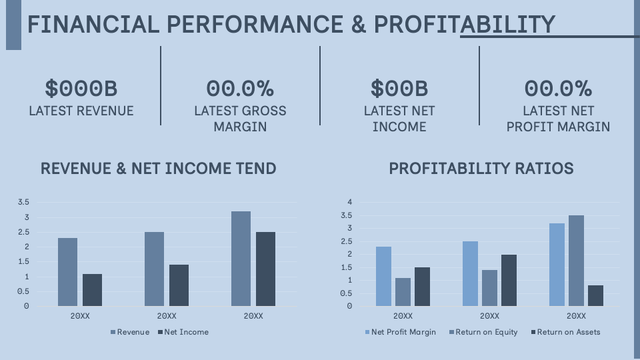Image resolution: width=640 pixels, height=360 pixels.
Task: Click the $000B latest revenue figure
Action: pos(81,88)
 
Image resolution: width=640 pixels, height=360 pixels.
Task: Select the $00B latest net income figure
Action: pos(399,88)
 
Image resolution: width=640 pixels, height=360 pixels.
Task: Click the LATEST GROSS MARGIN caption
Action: pos(240,119)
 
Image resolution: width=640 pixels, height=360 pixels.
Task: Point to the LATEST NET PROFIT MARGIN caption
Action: pos(558,119)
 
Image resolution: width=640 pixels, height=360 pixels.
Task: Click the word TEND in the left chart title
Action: pos(257,169)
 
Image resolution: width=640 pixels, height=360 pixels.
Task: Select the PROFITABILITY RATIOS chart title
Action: pos(481,169)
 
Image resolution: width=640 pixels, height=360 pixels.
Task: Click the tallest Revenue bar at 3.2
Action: pos(241,259)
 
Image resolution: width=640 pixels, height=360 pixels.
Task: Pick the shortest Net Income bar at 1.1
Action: pos(92,290)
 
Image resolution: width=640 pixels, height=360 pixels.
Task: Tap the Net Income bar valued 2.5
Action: pos(265,269)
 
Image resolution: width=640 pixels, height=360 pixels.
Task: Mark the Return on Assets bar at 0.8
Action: pos(596,295)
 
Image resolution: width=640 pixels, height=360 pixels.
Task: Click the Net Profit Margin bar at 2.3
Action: pos(383,276)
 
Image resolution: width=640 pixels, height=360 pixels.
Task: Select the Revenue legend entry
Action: pos(130,332)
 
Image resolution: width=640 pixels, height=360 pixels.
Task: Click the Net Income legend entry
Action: pos(183,332)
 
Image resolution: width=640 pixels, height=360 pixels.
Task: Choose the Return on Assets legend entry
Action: pos(565,332)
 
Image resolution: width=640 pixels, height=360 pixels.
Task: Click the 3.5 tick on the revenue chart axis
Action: pos(23,202)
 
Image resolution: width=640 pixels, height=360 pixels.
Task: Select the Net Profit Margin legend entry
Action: pos(400,332)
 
